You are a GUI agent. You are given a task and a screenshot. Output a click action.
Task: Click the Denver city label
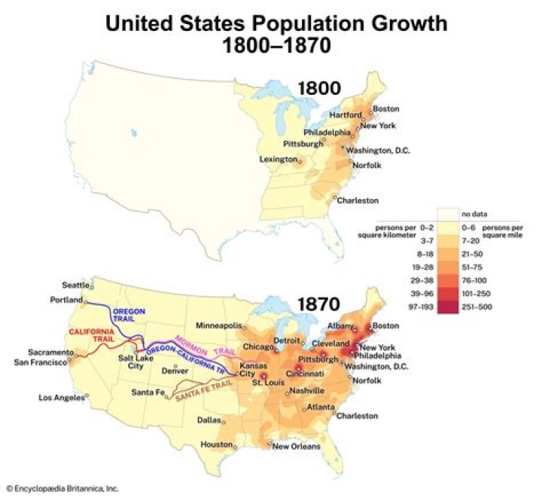[x=175, y=371]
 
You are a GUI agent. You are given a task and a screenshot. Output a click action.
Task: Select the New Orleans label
[x=296, y=446]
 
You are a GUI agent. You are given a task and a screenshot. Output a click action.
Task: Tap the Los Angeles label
[x=62, y=397]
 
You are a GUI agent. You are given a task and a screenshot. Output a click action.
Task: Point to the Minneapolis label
[x=218, y=326]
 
